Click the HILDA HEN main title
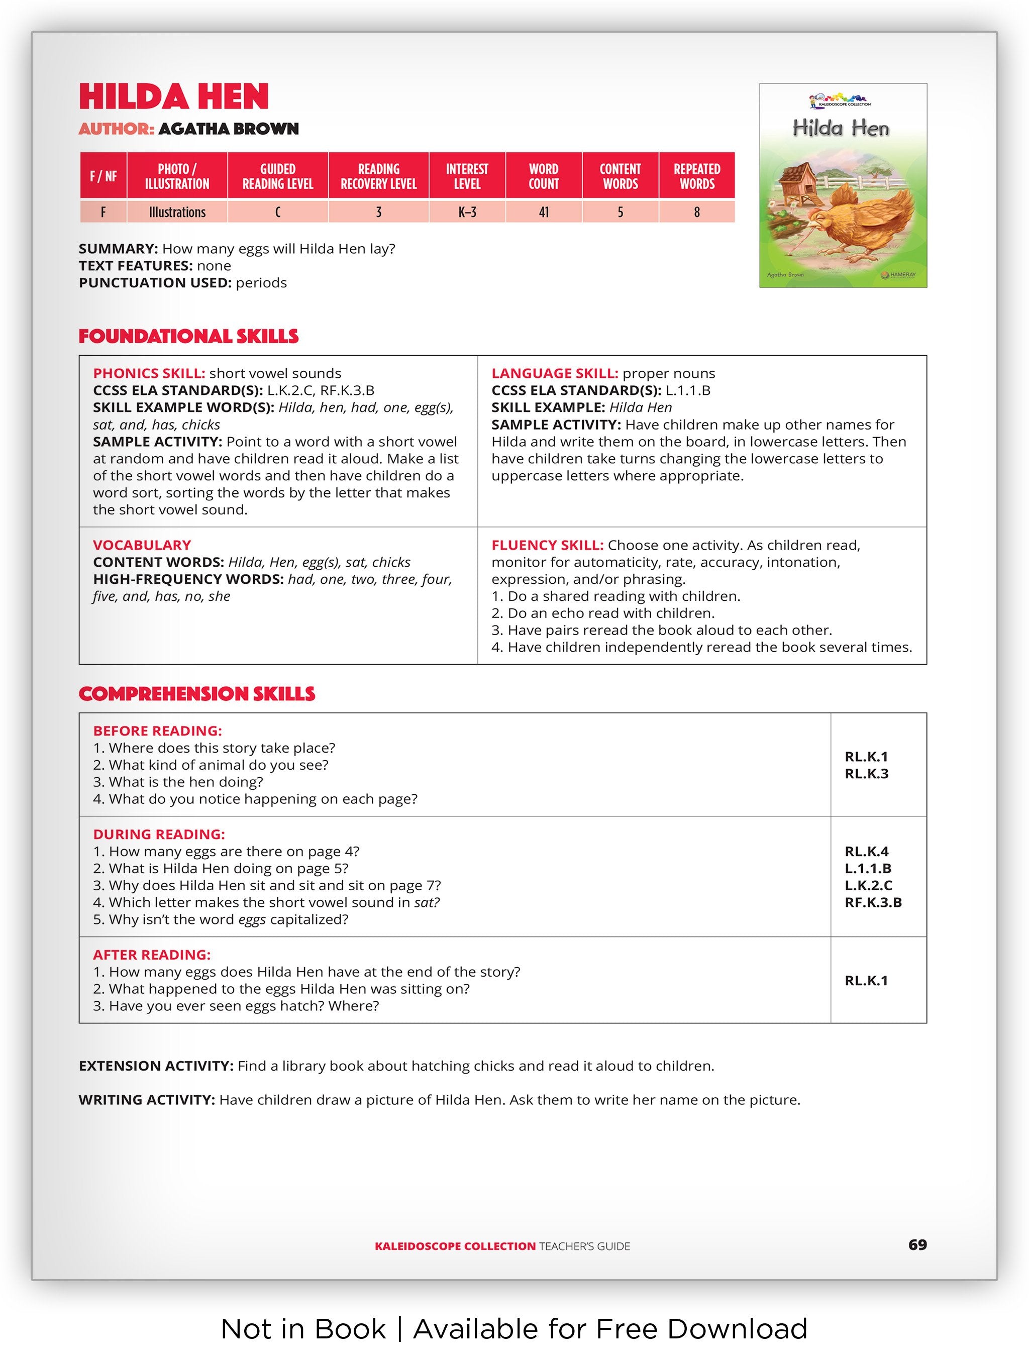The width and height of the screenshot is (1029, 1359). click(174, 97)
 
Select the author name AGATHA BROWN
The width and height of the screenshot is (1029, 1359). click(229, 129)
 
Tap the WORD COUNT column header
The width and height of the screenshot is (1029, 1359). click(544, 176)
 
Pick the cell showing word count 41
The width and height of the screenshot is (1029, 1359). click(544, 213)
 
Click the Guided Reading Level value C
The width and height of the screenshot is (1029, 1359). click(278, 213)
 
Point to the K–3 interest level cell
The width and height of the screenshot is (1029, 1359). click(467, 213)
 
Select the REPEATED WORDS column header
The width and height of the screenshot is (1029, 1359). click(697, 176)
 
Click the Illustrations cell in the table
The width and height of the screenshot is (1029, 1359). click(177, 213)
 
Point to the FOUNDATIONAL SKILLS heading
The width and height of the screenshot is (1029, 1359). click(188, 337)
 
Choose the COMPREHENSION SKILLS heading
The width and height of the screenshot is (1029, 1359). click(196, 694)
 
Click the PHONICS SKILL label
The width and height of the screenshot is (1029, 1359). click(149, 374)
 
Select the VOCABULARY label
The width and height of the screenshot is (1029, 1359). click(142, 545)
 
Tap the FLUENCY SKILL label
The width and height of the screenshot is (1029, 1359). click(547, 545)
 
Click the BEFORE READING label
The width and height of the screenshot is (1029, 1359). click(157, 731)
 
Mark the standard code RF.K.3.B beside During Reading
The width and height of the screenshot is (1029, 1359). click(873, 902)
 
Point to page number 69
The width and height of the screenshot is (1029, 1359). click(917, 1245)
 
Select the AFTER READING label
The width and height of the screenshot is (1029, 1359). click(152, 955)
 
